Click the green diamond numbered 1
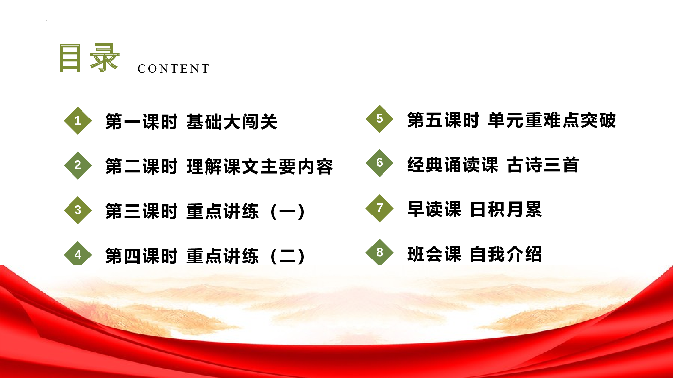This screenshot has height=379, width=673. click(x=78, y=121)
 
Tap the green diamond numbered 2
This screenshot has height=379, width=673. click(x=78, y=165)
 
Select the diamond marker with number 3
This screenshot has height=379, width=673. click(x=78, y=210)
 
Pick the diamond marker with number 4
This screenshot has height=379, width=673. click(x=78, y=254)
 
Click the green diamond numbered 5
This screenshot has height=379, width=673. click(x=380, y=119)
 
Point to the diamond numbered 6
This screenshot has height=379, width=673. click(x=380, y=163)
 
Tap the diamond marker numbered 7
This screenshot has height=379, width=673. click(x=380, y=208)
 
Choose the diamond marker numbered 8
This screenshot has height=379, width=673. click(x=380, y=252)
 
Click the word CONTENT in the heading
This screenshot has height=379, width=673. click(x=174, y=69)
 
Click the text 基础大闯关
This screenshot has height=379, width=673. click(x=232, y=122)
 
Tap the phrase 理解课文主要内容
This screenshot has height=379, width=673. click(x=260, y=166)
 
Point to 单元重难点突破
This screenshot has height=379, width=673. click(x=552, y=120)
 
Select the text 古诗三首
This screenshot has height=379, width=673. click(x=543, y=165)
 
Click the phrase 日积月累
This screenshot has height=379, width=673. click(x=506, y=210)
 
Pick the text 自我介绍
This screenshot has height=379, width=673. click(x=506, y=254)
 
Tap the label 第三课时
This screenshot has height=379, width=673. click(x=141, y=211)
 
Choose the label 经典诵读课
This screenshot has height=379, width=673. click(x=452, y=165)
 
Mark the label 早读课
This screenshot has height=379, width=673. click(x=434, y=210)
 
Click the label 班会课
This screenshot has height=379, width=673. click(x=434, y=254)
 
